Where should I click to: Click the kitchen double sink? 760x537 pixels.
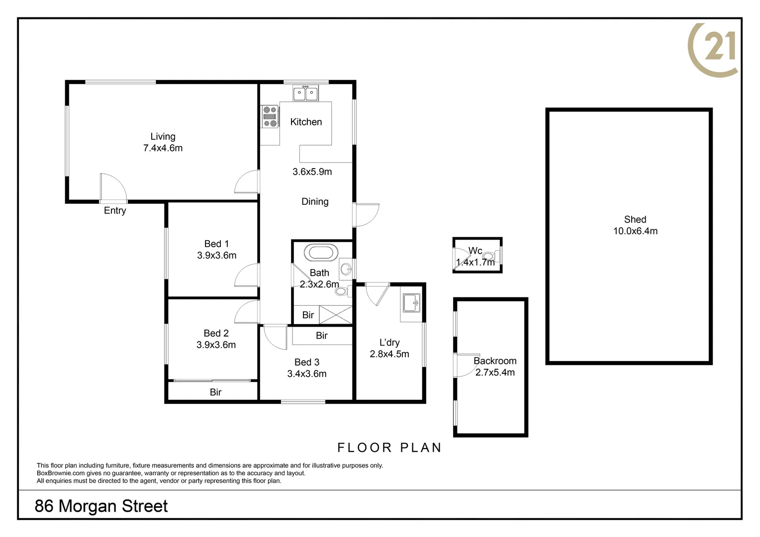pos(305,93)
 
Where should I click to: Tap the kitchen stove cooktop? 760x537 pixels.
pos(270,116)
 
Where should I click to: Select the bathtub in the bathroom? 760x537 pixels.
pos(323,252)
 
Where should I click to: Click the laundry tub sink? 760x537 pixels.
pos(411,302)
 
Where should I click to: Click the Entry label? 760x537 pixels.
pos(115,211)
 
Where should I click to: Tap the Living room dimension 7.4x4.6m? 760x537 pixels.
pos(163,148)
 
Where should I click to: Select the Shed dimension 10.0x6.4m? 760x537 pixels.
pos(635,231)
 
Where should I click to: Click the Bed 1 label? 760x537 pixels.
pos(216,244)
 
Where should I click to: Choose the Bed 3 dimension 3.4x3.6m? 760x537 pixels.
pos(307,374)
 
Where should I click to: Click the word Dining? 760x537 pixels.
pos(315,201)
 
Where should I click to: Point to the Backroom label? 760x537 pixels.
pos(495,361)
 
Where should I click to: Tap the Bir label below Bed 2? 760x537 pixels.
pos(215,392)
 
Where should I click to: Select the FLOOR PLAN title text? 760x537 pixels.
pos(389,447)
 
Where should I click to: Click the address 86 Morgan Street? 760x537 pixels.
pos(101,506)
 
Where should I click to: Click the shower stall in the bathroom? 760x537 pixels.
pos(335,315)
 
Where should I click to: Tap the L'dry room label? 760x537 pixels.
pos(389,343)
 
